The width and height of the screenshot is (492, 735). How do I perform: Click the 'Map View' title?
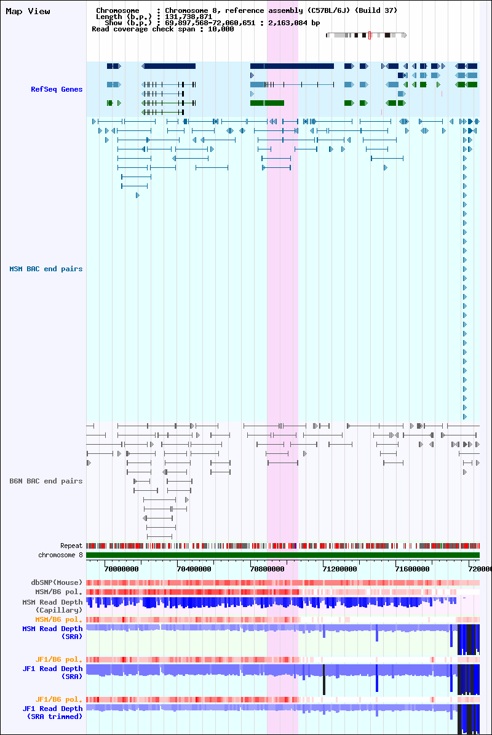(x=28, y=11)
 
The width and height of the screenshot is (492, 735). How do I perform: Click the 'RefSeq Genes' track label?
(x=57, y=89)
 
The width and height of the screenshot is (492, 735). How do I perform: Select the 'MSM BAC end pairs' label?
(x=46, y=269)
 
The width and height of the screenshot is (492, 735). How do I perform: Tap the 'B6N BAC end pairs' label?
(x=46, y=481)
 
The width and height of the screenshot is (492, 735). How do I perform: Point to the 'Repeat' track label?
(x=71, y=546)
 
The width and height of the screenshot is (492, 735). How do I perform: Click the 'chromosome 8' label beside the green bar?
(x=60, y=555)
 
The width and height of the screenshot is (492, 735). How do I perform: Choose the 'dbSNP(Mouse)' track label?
(x=57, y=582)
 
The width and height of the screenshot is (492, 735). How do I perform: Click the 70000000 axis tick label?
(x=121, y=569)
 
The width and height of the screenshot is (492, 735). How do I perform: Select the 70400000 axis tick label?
(x=194, y=569)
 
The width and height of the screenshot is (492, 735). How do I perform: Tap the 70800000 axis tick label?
(x=267, y=569)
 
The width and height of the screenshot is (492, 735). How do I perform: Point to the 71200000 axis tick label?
(x=339, y=569)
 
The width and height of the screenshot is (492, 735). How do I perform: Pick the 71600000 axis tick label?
(x=412, y=569)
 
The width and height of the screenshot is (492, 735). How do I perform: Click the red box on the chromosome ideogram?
(x=369, y=35)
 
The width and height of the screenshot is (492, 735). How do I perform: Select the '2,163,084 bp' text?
(x=294, y=23)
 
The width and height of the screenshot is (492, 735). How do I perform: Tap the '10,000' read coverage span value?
(x=221, y=29)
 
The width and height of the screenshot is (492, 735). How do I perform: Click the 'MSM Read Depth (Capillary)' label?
(x=52, y=606)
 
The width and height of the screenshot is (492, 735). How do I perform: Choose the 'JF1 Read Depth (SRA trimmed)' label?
(x=52, y=712)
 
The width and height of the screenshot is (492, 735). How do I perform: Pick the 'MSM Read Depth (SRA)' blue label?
(x=52, y=632)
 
